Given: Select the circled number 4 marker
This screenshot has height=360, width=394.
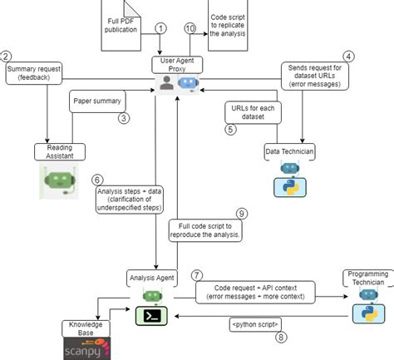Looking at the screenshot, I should click(348, 57).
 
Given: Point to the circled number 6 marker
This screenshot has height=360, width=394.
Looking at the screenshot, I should click(97, 179).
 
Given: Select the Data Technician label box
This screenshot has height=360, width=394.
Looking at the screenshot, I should click(289, 150).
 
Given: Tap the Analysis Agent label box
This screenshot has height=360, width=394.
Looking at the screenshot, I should click(151, 276).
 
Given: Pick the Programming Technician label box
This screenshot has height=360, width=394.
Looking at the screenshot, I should click(365, 278).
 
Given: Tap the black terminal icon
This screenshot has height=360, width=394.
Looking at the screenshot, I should click(153, 315).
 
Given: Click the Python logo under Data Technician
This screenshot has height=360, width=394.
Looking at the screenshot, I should click(287, 185).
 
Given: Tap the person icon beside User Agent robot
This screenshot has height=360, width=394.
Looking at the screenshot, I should click(167, 83).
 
